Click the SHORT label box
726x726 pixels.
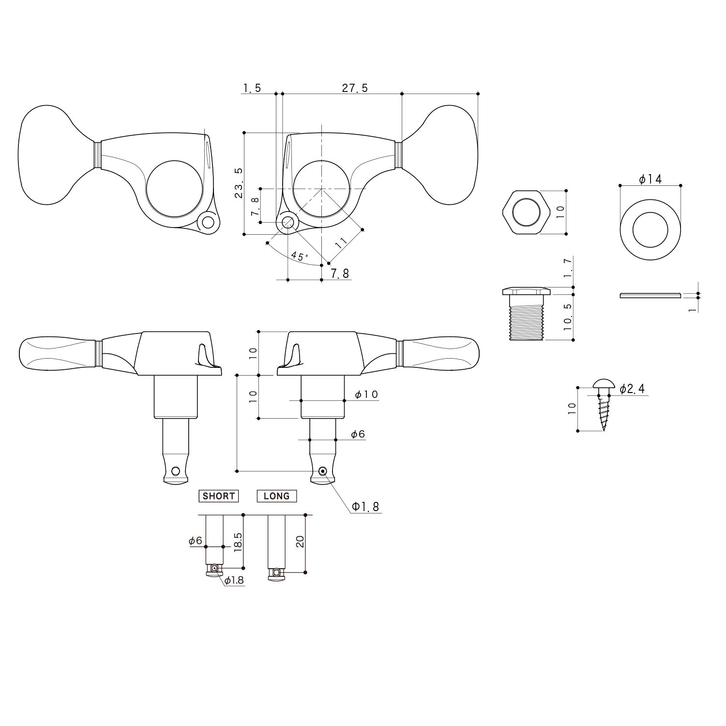click(x=219, y=496)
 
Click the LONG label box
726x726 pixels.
click(x=276, y=496)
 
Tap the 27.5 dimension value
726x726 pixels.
click(x=355, y=88)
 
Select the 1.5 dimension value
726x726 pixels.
click(x=252, y=88)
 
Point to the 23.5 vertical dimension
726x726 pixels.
click(x=239, y=183)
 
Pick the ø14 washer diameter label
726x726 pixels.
click(x=650, y=179)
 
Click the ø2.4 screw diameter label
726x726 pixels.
click(x=632, y=389)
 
